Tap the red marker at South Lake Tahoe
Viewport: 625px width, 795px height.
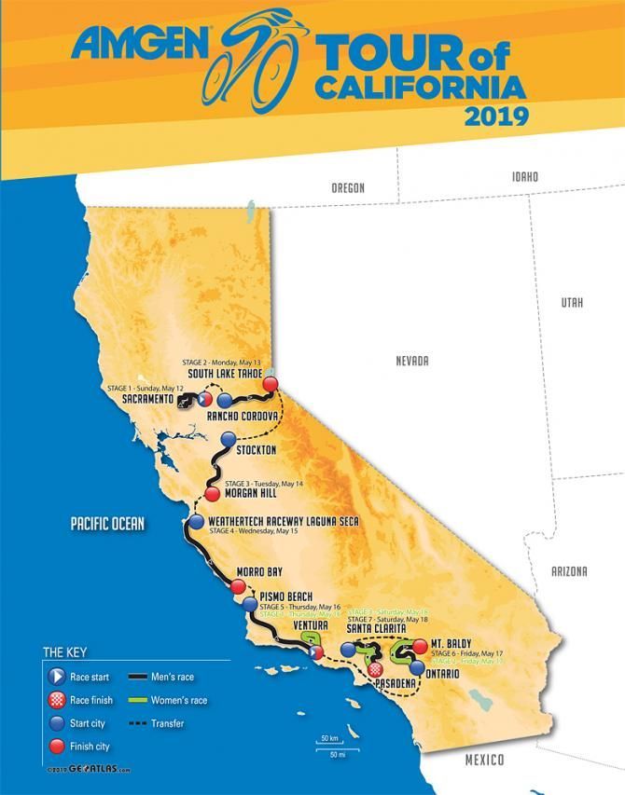[271, 384]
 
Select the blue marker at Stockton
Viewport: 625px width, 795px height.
[227, 441]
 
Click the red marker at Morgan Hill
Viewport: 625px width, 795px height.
[212, 495]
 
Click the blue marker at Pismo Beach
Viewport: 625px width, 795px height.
[249, 604]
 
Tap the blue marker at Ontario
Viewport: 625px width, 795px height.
[417, 668]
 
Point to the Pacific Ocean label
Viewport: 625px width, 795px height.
[107, 524]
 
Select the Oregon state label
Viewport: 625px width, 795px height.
[347, 187]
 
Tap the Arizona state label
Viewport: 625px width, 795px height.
[569, 570]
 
